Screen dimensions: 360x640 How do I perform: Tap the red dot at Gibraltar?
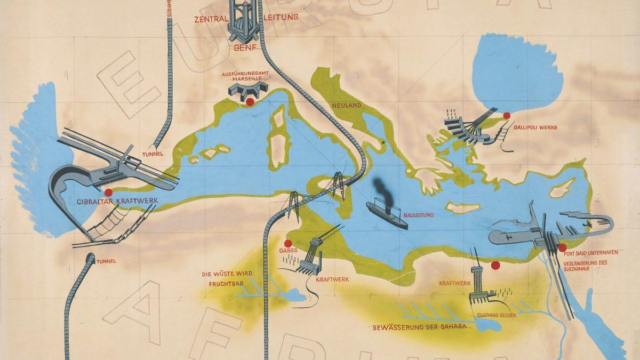(x=109, y=192)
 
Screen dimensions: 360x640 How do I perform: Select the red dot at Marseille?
(x=249, y=102)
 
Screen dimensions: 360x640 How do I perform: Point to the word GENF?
(x=246, y=47)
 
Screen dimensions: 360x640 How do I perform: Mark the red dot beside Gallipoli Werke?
(x=507, y=115)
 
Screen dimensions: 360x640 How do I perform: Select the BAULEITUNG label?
(x=419, y=215)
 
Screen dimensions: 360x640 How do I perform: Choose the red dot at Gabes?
(x=288, y=243)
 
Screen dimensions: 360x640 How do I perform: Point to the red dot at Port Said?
(x=562, y=247)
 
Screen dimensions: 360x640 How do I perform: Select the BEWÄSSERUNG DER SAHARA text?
(x=420, y=326)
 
